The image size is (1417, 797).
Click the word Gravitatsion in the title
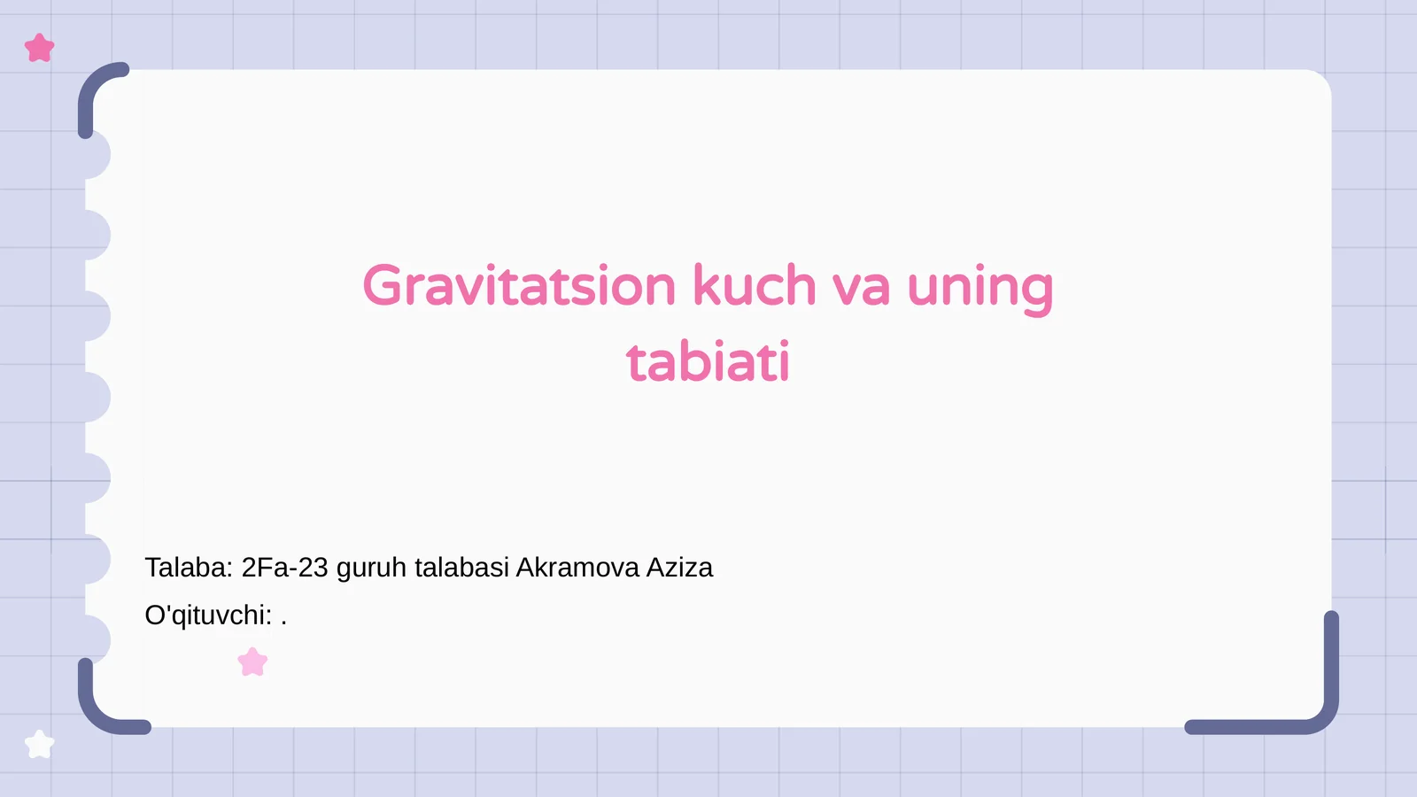[519, 286]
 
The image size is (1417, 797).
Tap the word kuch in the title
[754, 286]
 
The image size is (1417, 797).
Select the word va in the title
[861, 288]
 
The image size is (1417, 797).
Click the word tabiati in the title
[708, 362]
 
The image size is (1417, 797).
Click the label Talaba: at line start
[189, 568]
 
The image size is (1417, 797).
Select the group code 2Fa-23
[284, 568]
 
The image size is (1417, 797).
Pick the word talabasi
[461, 568]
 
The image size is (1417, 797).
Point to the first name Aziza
[679, 568]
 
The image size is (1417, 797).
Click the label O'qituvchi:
[208, 615]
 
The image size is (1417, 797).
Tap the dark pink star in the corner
[40, 48]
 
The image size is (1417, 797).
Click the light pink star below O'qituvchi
[252, 662]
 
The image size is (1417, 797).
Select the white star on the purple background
[40, 744]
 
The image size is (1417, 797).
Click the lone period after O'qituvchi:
[283, 622]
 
